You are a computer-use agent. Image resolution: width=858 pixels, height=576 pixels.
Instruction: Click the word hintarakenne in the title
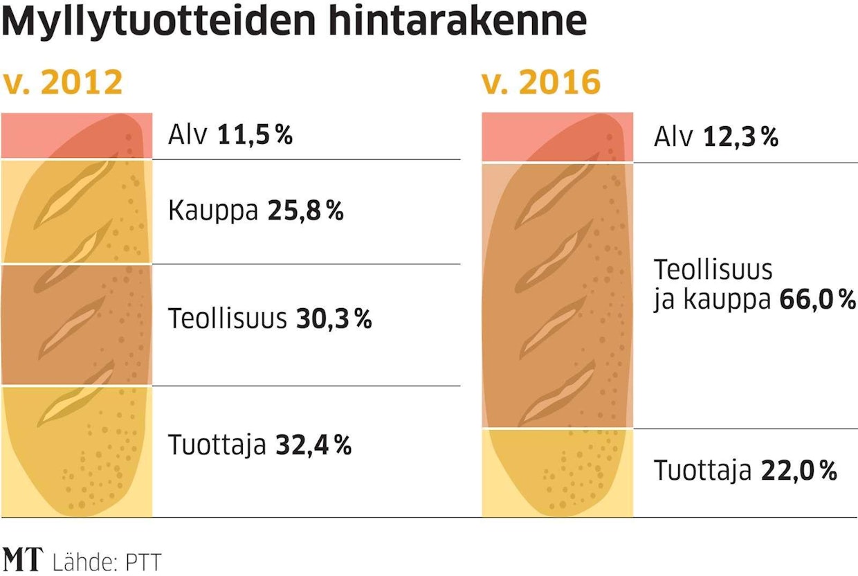coord(457,22)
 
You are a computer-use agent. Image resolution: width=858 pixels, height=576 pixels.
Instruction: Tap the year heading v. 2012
coord(63,83)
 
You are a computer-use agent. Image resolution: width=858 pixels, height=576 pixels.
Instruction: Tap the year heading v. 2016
coord(541,83)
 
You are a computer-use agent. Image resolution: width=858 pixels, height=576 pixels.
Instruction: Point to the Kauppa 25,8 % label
coord(255,211)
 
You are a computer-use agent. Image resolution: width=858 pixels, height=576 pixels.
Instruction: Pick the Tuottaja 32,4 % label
coord(260,445)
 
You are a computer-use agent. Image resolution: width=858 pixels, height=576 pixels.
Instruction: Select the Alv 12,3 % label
coord(716,138)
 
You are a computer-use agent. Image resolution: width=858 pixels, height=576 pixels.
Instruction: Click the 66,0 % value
coord(817,300)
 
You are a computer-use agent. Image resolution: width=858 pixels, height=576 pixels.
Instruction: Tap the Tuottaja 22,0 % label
coord(746,471)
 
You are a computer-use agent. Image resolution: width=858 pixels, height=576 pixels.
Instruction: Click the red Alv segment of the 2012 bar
coord(76,136)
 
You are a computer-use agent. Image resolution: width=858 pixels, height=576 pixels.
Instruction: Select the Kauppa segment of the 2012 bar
coord(76,212)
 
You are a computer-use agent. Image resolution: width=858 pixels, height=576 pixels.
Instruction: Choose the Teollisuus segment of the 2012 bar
coord(76,324)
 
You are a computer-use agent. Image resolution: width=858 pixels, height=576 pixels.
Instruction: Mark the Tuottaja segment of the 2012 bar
coord(76,450)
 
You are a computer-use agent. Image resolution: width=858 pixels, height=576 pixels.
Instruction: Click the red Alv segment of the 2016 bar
coord(557,137)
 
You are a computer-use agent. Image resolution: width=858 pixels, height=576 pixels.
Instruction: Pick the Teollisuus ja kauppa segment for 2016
coord(557,296)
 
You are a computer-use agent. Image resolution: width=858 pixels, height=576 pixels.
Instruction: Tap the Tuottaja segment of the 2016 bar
coord(557,472)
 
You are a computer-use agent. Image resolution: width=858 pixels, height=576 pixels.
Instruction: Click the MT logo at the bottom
coord(24,559)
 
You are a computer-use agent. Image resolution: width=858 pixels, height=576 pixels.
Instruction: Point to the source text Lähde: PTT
coord(107,561)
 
